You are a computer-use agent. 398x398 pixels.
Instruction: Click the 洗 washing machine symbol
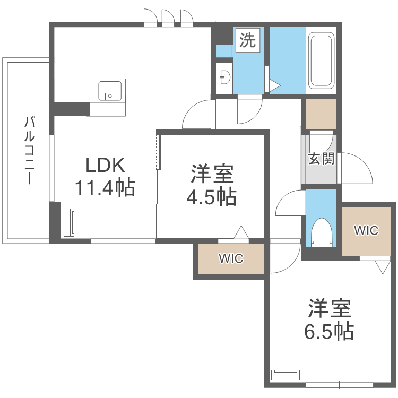pos(247,41)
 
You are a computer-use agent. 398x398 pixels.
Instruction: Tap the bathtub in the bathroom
pos(322,61)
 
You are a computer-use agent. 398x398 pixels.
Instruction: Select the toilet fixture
pos(322,232)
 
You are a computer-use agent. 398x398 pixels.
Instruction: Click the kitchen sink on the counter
pos(110,90)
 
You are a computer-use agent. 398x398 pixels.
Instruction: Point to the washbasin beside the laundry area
pos(224,77)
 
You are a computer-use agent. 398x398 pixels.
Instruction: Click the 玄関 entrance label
pos(321,158)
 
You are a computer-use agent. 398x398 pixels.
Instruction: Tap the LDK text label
pos(106,166)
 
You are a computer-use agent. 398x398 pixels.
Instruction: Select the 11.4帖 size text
pos(105,187)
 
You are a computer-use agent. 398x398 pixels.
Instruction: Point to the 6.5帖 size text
pos(329,331)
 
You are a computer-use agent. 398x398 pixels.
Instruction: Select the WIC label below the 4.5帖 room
pos(231,259)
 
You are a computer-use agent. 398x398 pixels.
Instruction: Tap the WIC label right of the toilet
pos(366,230)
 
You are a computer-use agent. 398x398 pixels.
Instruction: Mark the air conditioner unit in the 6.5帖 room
pos(285,375)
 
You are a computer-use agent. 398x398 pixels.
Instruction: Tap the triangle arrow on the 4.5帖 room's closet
pos(241,232)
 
